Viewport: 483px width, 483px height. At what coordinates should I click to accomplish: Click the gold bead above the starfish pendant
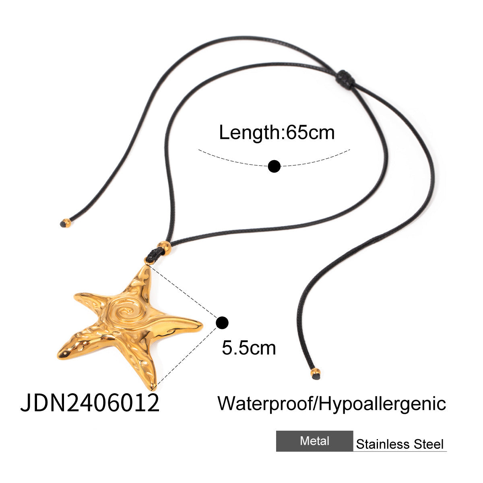164,248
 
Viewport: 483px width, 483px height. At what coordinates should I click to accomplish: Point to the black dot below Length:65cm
274,166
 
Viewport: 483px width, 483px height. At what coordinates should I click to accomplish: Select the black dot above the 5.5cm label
222,322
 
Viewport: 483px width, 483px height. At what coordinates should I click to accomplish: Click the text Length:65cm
277,132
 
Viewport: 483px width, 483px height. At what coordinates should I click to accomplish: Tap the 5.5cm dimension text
249,348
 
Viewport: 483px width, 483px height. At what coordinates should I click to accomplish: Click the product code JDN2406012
90,403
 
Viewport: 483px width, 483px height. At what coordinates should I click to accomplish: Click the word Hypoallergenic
382,403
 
